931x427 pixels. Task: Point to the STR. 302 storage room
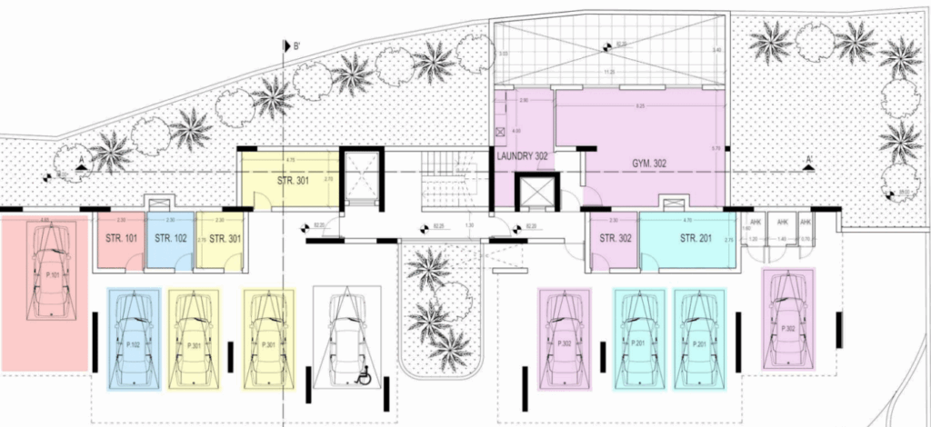click(613, 241)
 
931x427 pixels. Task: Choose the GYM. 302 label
click(649, 164)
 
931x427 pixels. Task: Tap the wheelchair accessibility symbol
click(365, 375)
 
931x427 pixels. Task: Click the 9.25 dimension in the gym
click(640, 107)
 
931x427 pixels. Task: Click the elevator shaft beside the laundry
click(533, 192)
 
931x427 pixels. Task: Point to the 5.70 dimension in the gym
click(716, 148)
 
